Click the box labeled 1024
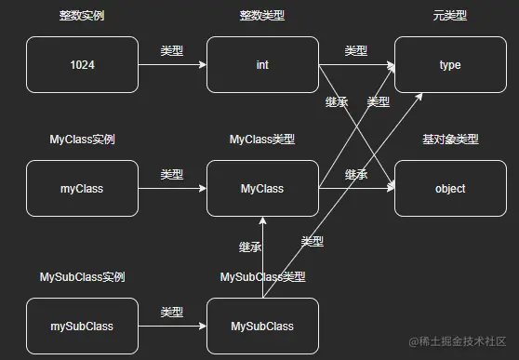click(x=82, y=66)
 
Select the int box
click(x=262, y=66)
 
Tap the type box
click(x=450, y=66)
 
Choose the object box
click(x=450, y=189)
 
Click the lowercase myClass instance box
click(x=82, y=189)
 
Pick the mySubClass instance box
click(x=82, y=327)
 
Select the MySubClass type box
click(x=262, y=327)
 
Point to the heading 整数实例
click(x=82, y=17)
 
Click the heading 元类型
click(x=450, y=17)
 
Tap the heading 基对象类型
click(x=450, y=140)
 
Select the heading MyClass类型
click(x=262, y=140)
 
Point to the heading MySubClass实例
click(x=82, y=277)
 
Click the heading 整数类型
click(x=262, y=17)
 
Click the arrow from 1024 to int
click(x=172, y=66)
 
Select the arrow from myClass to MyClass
click(x=172, y=189)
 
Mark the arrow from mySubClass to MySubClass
click(x=172, y=327)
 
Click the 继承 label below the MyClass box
click(x=250, y=247)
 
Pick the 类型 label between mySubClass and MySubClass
click(x=172, y=313)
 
